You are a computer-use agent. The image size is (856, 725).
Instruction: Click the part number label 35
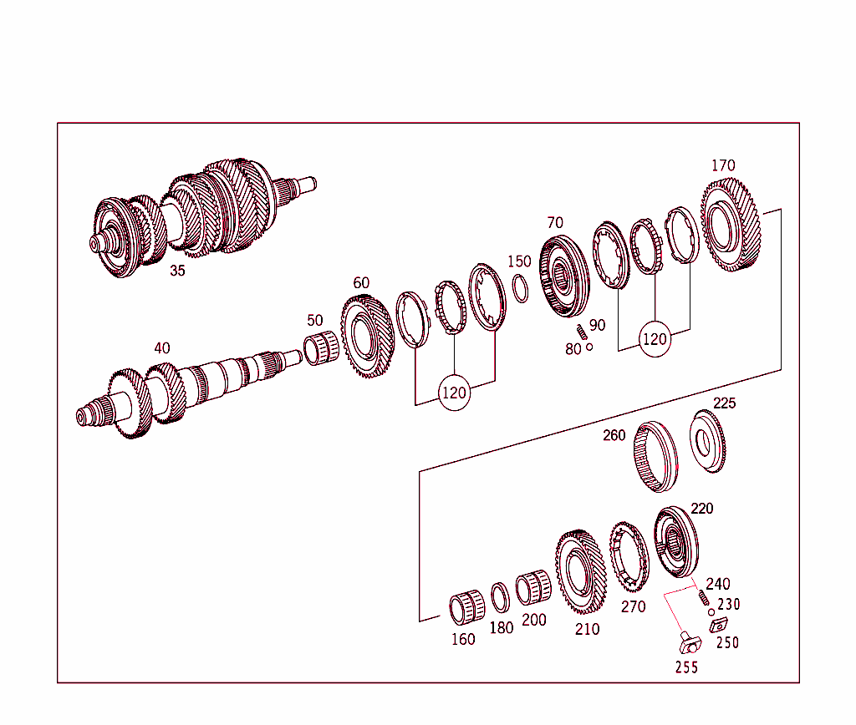point(177,271)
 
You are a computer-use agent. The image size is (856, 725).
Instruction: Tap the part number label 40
point(162,347)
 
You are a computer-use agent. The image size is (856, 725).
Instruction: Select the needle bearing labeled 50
point(321,347)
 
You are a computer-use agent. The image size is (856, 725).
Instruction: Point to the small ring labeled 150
point(519,289)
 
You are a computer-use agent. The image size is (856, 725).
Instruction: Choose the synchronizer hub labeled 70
point(566,277)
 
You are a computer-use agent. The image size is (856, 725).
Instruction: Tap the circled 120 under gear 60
point(454,393)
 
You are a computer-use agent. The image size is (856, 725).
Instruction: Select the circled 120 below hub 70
point(655,340)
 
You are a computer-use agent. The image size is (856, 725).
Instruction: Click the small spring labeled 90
point(583,332)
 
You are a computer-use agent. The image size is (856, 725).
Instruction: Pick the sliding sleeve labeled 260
point(657,458)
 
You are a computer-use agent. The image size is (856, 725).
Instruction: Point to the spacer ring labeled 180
point(500,597)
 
